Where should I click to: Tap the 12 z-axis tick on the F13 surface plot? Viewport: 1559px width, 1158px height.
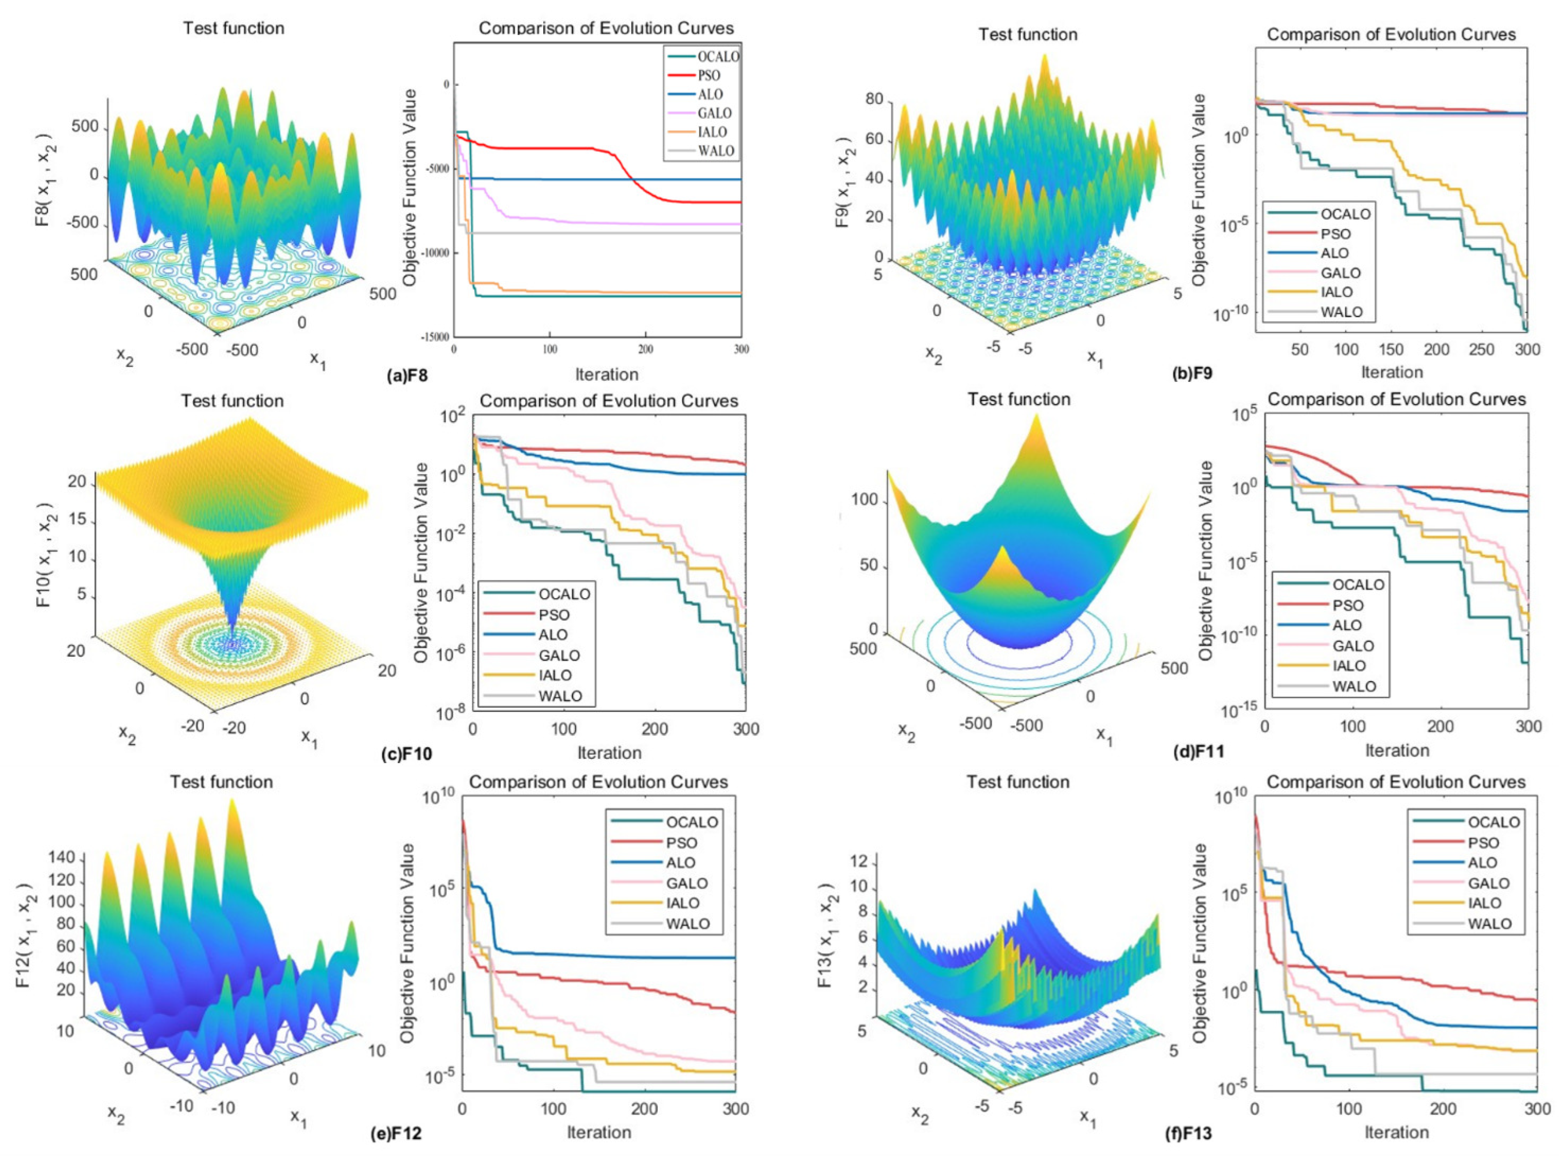pos(859,861)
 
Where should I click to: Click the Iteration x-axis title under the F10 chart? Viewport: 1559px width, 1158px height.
pos(609,753)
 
